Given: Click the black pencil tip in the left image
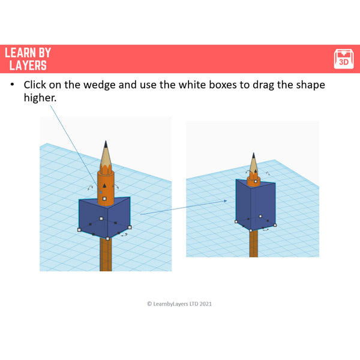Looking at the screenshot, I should [x=106, y=145].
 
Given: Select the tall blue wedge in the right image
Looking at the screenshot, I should [x=255, y=204].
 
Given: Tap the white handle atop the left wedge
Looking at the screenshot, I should [x=104, y=198].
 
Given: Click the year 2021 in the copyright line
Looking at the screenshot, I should [x=205, y=304].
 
